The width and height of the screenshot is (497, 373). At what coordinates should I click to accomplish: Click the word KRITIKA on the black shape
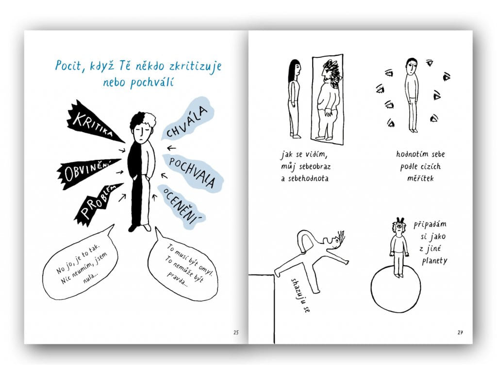tap(93, 124)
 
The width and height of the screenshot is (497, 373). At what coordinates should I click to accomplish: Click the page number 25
tap(236, 332)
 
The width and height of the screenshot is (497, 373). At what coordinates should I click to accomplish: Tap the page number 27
tap(460, 332)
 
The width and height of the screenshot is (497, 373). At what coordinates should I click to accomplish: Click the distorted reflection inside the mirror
tap(328, 99)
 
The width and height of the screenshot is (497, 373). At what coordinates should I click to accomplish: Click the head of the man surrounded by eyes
tap(411, 66)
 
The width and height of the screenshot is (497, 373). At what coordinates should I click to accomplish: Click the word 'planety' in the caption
tap(434, 261)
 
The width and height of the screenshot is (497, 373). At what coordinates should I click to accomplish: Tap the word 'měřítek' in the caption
tap(420, 178)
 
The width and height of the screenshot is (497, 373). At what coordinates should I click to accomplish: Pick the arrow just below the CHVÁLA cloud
tap(171, 148)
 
